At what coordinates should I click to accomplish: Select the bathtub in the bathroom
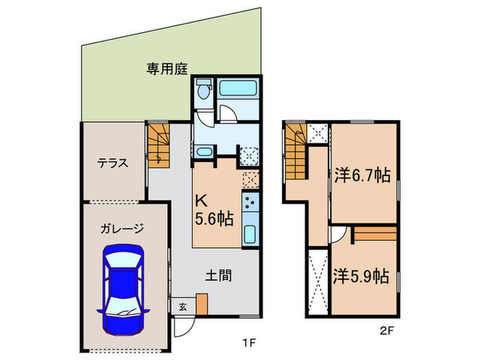pos(237,89)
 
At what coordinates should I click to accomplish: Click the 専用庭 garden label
pos(167,69)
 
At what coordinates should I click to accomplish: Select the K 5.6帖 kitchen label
pos(214,211)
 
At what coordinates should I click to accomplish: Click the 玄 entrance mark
pos(182,307)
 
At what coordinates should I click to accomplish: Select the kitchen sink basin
pos(250,233)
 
